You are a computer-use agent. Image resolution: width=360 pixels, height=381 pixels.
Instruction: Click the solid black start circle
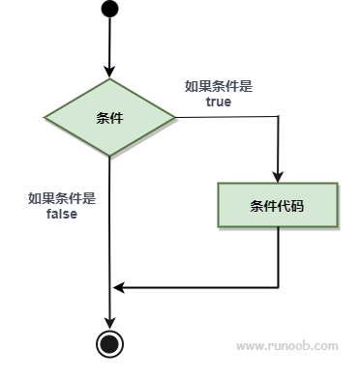pyautogui.click(x=109, y=11)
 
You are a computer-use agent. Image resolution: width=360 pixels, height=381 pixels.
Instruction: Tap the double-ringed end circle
pyautogui.click(x=109, y=342)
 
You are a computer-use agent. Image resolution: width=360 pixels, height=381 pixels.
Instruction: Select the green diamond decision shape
pyautogui.click(x=109, y=118)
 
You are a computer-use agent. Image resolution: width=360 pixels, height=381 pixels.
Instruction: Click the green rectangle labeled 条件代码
pyautogui.click(x=278, y=205)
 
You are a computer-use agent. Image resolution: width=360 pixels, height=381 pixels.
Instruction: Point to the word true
pyautogui.click(x=218, y=102)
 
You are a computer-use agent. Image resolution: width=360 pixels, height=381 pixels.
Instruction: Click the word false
pyautogui.click(x=61, y=214)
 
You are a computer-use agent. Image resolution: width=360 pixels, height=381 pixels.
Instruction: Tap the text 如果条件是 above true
pyautogui.click(x=218, y=86)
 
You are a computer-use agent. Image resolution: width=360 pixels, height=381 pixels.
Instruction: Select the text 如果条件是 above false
pyautogui.click(x=61, y=198)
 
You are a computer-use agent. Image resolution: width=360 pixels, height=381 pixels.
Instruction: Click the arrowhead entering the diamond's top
pyautogui.click(x=109, y=73)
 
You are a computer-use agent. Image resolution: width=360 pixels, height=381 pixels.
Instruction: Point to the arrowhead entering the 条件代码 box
pyautogui.click(x=278, y=176)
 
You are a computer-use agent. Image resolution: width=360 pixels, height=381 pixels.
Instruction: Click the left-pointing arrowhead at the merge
pyautogui.click(x=118, y=287)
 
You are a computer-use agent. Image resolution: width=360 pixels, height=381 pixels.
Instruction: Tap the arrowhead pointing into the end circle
pyautogui.click(x=109, y=323)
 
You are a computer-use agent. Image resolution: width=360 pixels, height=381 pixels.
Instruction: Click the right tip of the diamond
pyautogui.click(x=175, y=118)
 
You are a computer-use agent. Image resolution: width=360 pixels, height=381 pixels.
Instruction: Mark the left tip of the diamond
pyautogui.click(x=45, y=118)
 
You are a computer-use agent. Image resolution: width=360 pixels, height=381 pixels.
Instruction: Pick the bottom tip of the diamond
pyautogui.click(x=109, y=156)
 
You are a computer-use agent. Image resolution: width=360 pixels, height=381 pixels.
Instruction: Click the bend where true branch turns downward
pyautogui.click(x=278, y=119)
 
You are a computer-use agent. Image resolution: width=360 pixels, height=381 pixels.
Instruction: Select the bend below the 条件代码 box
pyautogui.click(x=278, y=287)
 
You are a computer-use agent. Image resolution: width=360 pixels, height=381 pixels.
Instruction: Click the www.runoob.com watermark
pyautogui.click(x=287, y=345)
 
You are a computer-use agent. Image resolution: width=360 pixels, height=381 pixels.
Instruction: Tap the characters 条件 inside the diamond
pyautogui.click(x=109, y=118)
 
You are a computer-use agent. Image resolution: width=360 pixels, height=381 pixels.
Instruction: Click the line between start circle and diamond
pyautogui.click(x=109, y=44)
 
